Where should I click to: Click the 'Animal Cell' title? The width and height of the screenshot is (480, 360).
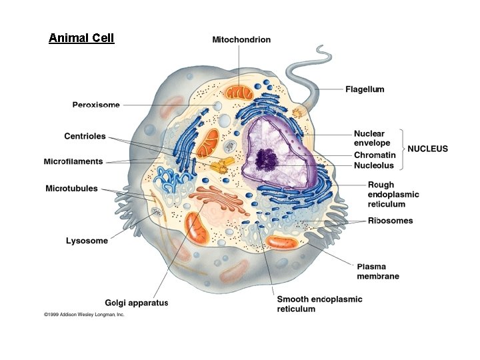click(81, 38)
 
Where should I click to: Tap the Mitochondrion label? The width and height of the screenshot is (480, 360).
click(241, 40)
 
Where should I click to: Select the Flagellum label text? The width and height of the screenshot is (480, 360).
click(364, 89)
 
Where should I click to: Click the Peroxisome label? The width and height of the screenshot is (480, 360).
click(96, 105)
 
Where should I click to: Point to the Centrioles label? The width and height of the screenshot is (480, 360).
click(85, 137)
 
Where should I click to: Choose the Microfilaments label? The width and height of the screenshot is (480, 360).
click(73, 161)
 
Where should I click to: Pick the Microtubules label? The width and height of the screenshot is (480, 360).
click(71, 189)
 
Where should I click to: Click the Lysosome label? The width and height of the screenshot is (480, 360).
click(87, 241)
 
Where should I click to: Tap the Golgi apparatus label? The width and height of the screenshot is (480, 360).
click(137, 303)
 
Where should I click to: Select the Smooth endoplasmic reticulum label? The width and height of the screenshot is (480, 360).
click(319, 304)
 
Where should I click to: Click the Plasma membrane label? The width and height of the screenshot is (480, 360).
click(375, 271)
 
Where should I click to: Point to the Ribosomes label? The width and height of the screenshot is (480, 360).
click(390, 221)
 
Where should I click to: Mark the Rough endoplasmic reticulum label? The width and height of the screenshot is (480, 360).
click(393, 195)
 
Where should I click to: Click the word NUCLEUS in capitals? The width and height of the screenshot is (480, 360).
click(427, 149)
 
